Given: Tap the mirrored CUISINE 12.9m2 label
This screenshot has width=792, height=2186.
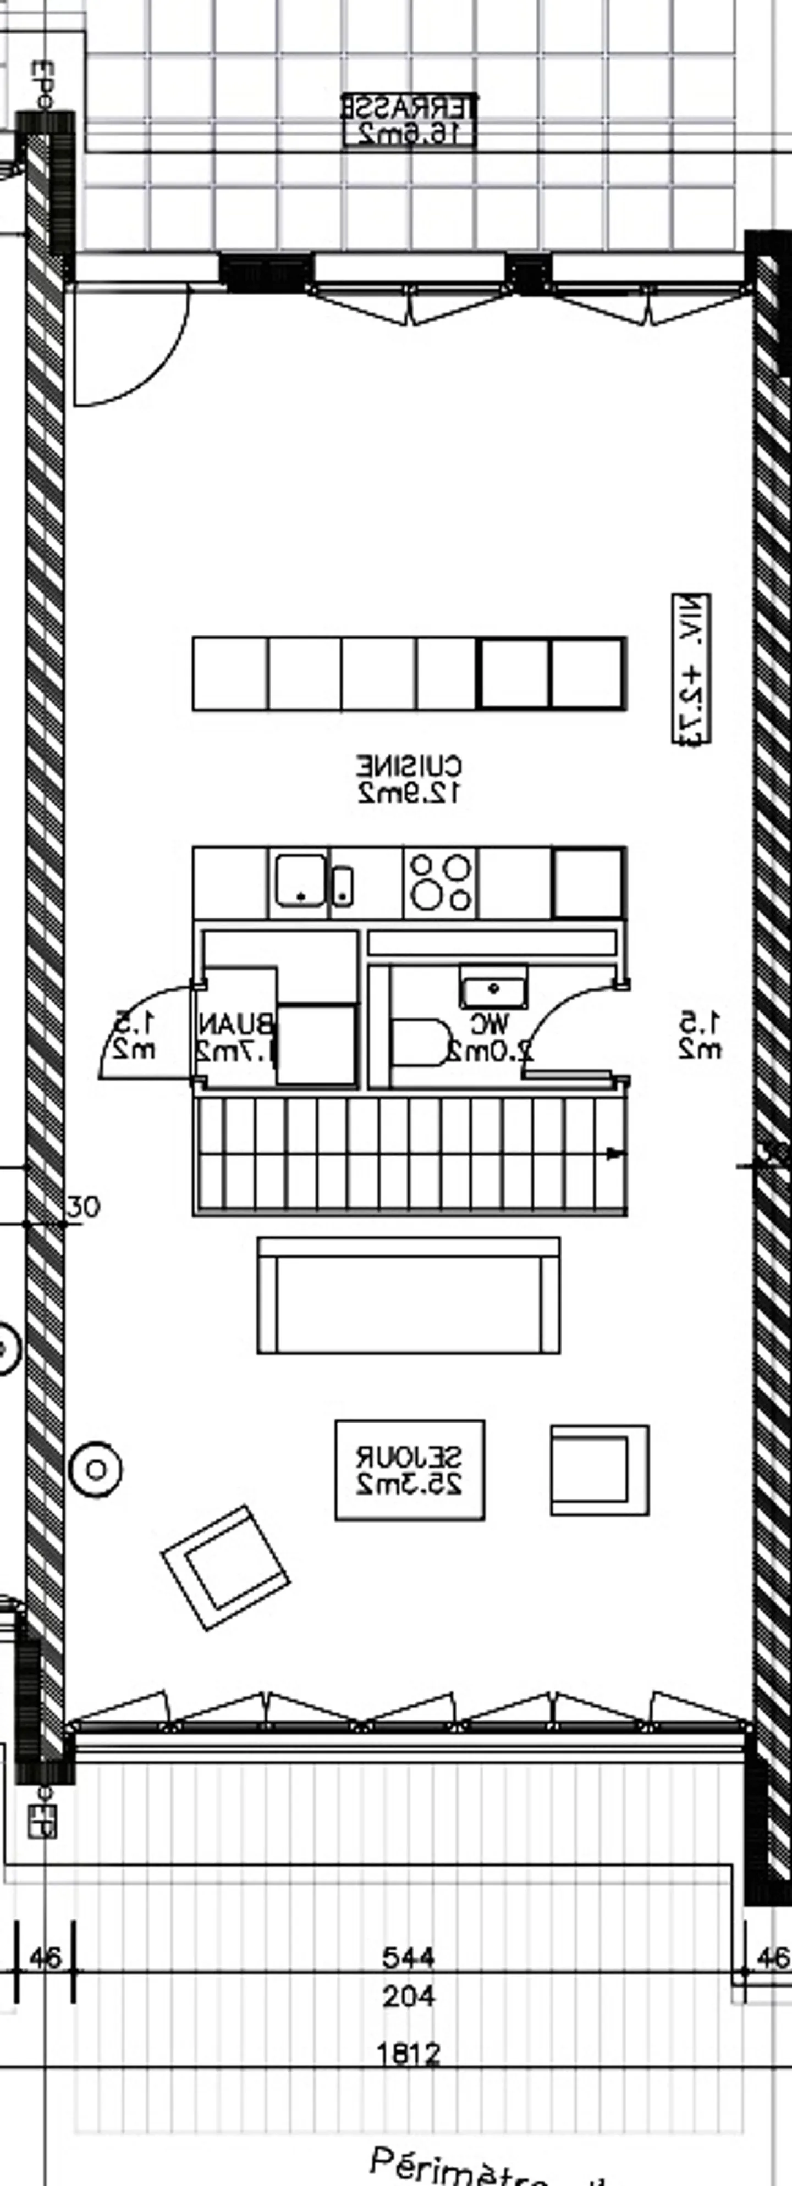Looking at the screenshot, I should click(x=409, y=779).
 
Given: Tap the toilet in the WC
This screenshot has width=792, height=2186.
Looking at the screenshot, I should click(x=419, y=1041).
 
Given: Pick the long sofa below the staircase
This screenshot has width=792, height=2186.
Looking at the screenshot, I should click(x=408, y=1296).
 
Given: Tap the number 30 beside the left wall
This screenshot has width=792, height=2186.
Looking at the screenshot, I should click(x=82, y=1207).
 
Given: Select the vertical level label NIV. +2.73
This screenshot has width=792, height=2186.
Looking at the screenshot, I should click(x=692, y=669).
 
